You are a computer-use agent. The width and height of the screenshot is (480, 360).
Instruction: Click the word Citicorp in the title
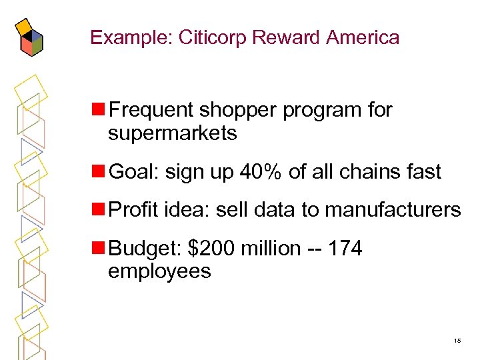tap(218, 37)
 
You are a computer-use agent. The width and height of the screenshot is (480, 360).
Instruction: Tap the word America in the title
tap(363, 37)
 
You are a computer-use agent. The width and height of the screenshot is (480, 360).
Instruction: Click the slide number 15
tap(457, 341)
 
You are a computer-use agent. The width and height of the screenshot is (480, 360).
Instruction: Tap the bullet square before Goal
tap(99, 171)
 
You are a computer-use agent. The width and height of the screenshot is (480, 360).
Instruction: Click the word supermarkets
tap(172, 133)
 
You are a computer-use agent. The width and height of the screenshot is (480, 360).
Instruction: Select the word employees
tap(159, 271)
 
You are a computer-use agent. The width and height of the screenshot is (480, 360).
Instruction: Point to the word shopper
tap(236, 110)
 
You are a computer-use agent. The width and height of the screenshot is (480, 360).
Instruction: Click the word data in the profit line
tap(275, 211)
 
